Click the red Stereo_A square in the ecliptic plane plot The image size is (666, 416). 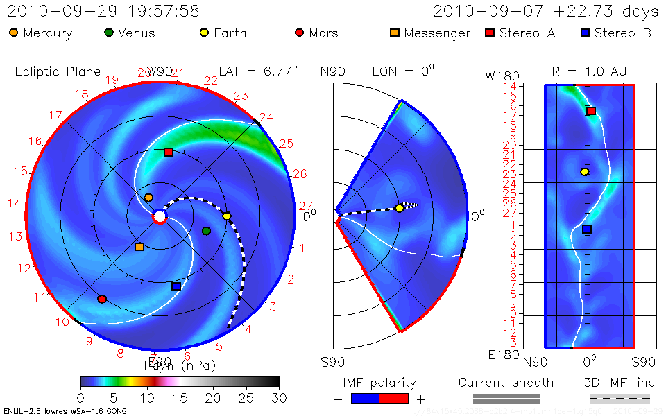tap(168, 152)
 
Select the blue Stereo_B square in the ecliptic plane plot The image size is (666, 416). tap(176, 286)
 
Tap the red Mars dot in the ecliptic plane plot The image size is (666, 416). tap(102, 300)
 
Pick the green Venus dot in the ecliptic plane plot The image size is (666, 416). tap(206, 231)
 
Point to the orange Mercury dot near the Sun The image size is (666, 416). tap(148, 198)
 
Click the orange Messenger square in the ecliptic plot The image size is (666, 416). tap(139, 247)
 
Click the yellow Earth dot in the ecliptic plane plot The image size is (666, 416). tap(227, 216)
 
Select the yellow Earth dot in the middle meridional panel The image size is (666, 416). tap(400, 208)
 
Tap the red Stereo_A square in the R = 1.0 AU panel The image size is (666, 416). tap(591, 111)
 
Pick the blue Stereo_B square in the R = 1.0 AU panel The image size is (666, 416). tap(587, 229)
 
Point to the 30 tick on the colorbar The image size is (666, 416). tap(279, 398)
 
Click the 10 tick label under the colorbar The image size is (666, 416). tap(146, 398)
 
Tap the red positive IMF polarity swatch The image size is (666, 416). tap(395, 398)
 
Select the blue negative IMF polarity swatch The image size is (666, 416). tap(366, 398)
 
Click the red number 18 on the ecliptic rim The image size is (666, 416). tap(82, 95)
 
